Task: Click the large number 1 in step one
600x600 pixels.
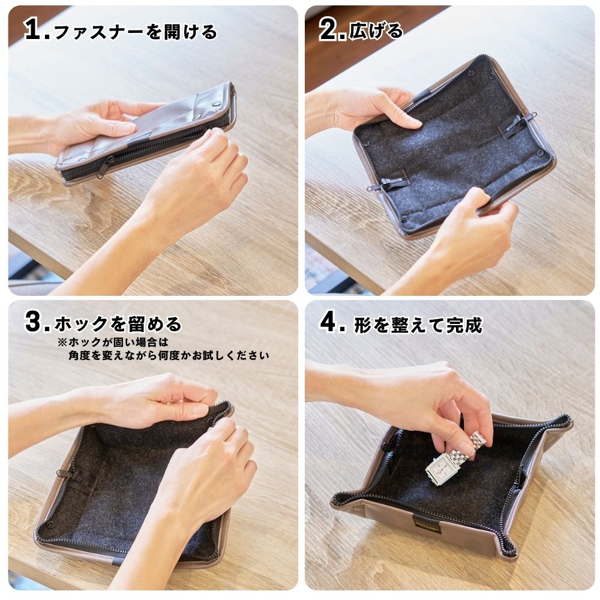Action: (x=33, y=29)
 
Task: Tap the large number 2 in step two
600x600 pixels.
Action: (x=329, y=29)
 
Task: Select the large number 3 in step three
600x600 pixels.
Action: (x=35, y=322)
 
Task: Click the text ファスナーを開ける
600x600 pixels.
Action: (x=136, y=31)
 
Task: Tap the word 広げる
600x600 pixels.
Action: (x=376, y=31)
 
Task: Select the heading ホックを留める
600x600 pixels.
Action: (x=118, y=324)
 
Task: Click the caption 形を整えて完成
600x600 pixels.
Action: (x=418, y=325)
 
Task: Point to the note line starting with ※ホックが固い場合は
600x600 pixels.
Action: (x=113, y=342)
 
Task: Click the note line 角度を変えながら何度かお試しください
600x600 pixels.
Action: (x=169, y=355)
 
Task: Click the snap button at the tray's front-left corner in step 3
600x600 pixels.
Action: (x=49, y=524)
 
